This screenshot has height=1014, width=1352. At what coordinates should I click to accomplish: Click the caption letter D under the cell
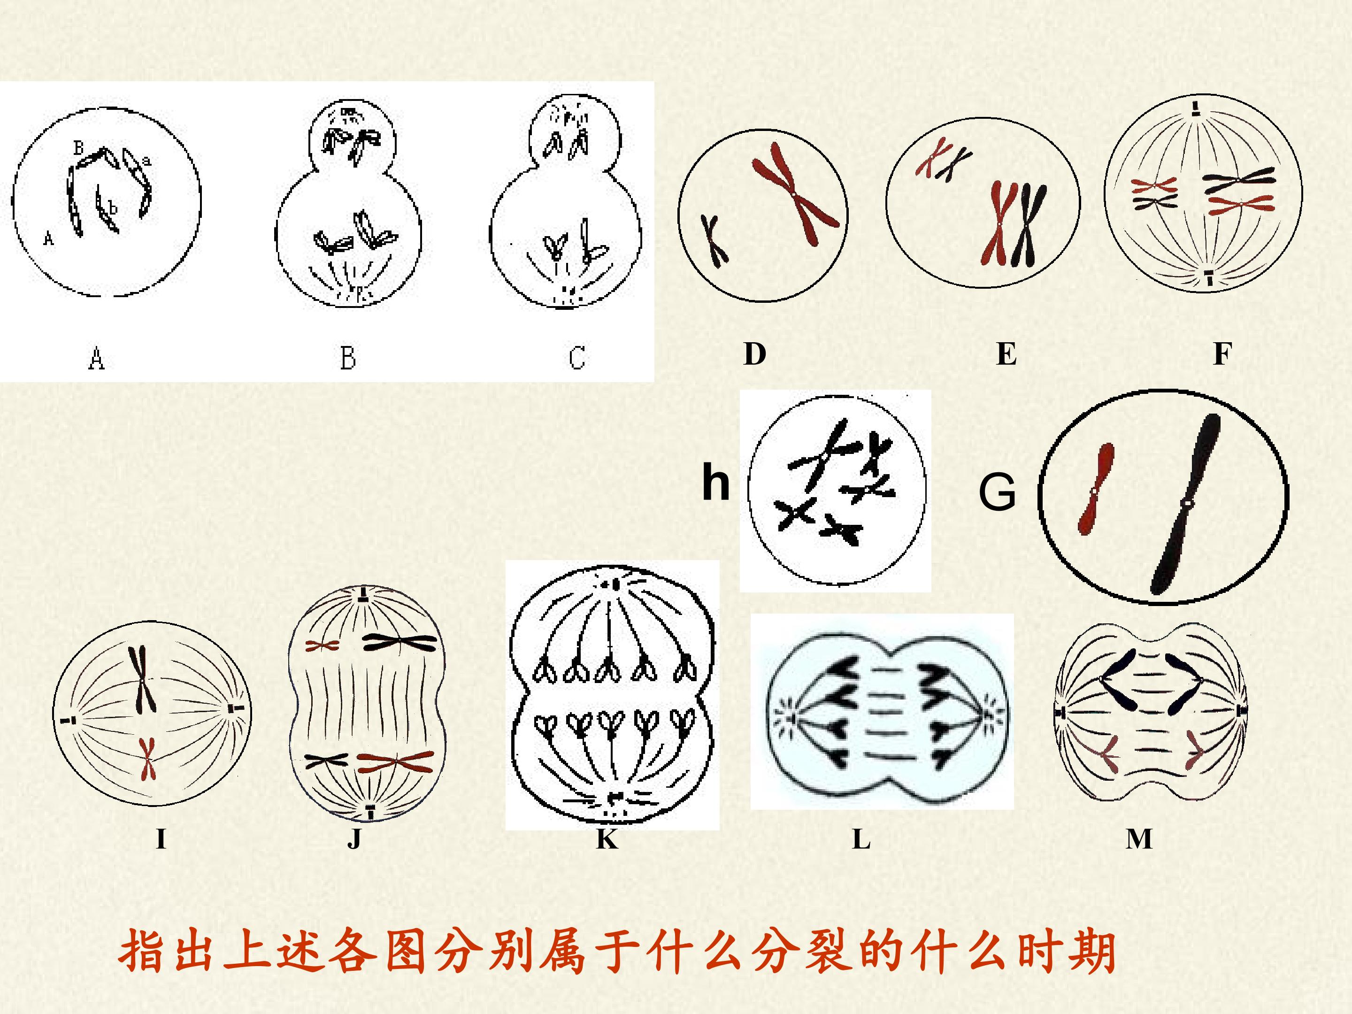(755, 354)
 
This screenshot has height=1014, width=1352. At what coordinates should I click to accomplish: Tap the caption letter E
(1006, 354)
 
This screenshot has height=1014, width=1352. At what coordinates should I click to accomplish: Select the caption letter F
(1222, 354)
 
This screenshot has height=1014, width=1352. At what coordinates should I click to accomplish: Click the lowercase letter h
(716, 482)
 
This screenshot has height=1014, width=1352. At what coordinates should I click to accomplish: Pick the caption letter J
(354, 839)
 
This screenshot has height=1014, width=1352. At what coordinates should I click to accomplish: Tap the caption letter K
(607, 839)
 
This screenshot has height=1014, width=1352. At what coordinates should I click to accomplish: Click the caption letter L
(861, 839)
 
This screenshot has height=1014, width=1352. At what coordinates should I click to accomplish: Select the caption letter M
(1139, 839)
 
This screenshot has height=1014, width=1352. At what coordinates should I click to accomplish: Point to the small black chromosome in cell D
(713, 241)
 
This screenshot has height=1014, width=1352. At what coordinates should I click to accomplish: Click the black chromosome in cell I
(141, 679)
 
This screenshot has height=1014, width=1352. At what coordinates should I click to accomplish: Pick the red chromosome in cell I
(146, 759)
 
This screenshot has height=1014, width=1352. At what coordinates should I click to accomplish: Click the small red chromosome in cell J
(322, 645)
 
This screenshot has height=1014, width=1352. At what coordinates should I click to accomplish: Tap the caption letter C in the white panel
(577, 358)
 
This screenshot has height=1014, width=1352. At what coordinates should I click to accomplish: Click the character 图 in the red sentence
(407, 952)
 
